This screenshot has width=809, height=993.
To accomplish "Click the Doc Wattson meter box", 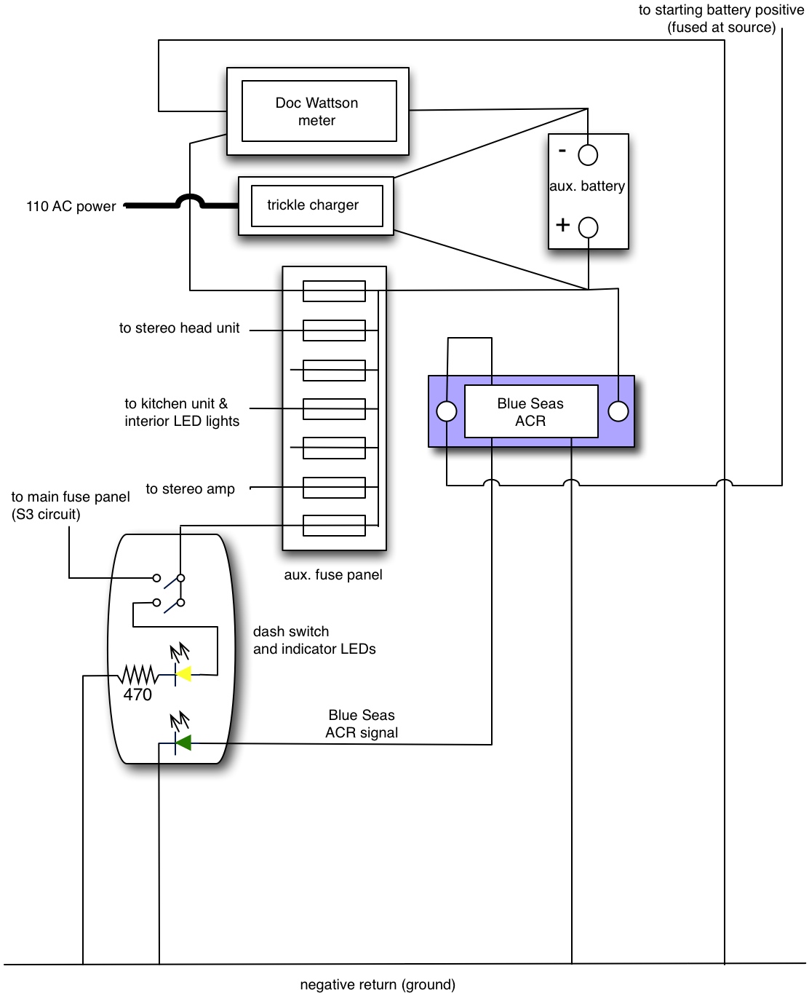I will click(x=318, y=111).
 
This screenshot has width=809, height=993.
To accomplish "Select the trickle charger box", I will click(x=316, y=205).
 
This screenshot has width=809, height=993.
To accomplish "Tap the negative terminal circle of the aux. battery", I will click(x=588, y=155).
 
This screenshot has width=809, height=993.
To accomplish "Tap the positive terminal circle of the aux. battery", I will click(x=588, y=227).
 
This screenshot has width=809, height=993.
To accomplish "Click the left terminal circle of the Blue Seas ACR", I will click(x=447, y=411).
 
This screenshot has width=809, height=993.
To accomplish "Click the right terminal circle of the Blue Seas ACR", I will click(x=618, y=411).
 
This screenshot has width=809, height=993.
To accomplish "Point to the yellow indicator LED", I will click(x=185, y=674).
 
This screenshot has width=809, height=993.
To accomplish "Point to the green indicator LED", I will click(x=184, y=743).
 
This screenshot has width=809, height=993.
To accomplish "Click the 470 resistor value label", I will click(x=138, y=695).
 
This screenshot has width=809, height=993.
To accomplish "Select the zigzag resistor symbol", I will click(x=138, y=675).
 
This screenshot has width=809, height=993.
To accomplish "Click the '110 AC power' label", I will click(x=71, y=207).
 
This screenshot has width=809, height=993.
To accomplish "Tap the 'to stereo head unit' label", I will click(x=179, y=328).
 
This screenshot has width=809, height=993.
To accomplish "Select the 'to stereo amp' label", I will click(x=190, y=489).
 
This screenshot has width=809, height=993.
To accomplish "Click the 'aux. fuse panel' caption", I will click(x=333, y=575).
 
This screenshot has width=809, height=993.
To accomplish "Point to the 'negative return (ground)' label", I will click(x=378, y=985).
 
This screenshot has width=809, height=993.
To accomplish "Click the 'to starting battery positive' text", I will click(x=721, y=10).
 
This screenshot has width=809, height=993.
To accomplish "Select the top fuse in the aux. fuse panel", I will click(x=334, y=291).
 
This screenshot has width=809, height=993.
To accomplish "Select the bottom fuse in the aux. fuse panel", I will click(x=334, y=525).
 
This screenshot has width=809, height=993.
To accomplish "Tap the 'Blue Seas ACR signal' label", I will click(x=362, y=724).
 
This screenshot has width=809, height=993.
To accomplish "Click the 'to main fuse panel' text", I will click(x=71, y=497).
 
